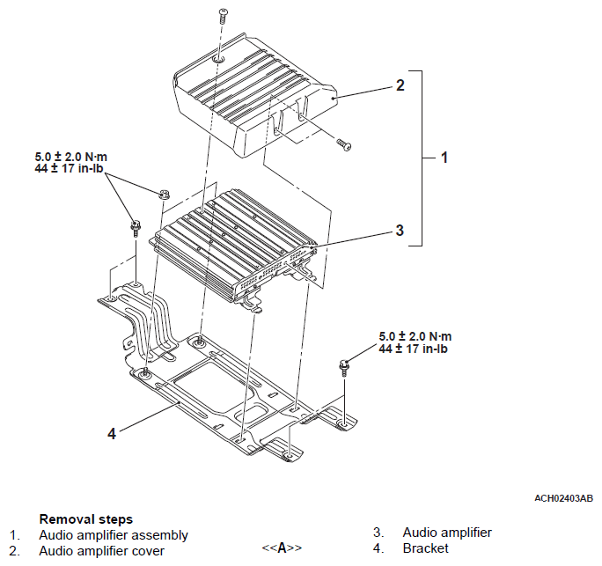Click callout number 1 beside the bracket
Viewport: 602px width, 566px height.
tap(444, 158)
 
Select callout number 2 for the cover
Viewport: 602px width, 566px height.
tap(400, 85)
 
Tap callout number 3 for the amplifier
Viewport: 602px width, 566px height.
tap(400, 230)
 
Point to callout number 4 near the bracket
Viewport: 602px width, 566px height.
tap(112, 434)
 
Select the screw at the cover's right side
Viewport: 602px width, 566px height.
tap(344, 144)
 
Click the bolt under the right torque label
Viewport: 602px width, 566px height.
tap(344, 367)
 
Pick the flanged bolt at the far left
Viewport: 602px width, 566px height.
tap(136, 229)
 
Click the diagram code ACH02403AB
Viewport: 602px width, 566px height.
tap(563, 498)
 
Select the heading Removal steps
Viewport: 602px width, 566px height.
tap(86, 519)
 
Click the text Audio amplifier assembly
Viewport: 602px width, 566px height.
tap(114, 535)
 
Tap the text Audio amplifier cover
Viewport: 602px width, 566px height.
tap(102, 551)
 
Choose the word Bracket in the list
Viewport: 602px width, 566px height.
tap(425, 548)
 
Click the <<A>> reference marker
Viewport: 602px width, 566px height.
tap(282, 548)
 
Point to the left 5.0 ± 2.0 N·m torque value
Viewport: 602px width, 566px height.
tap(71, 157)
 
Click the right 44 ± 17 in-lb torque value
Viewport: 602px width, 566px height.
tap(413, 349)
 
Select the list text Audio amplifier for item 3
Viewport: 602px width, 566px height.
tap(447, 533)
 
